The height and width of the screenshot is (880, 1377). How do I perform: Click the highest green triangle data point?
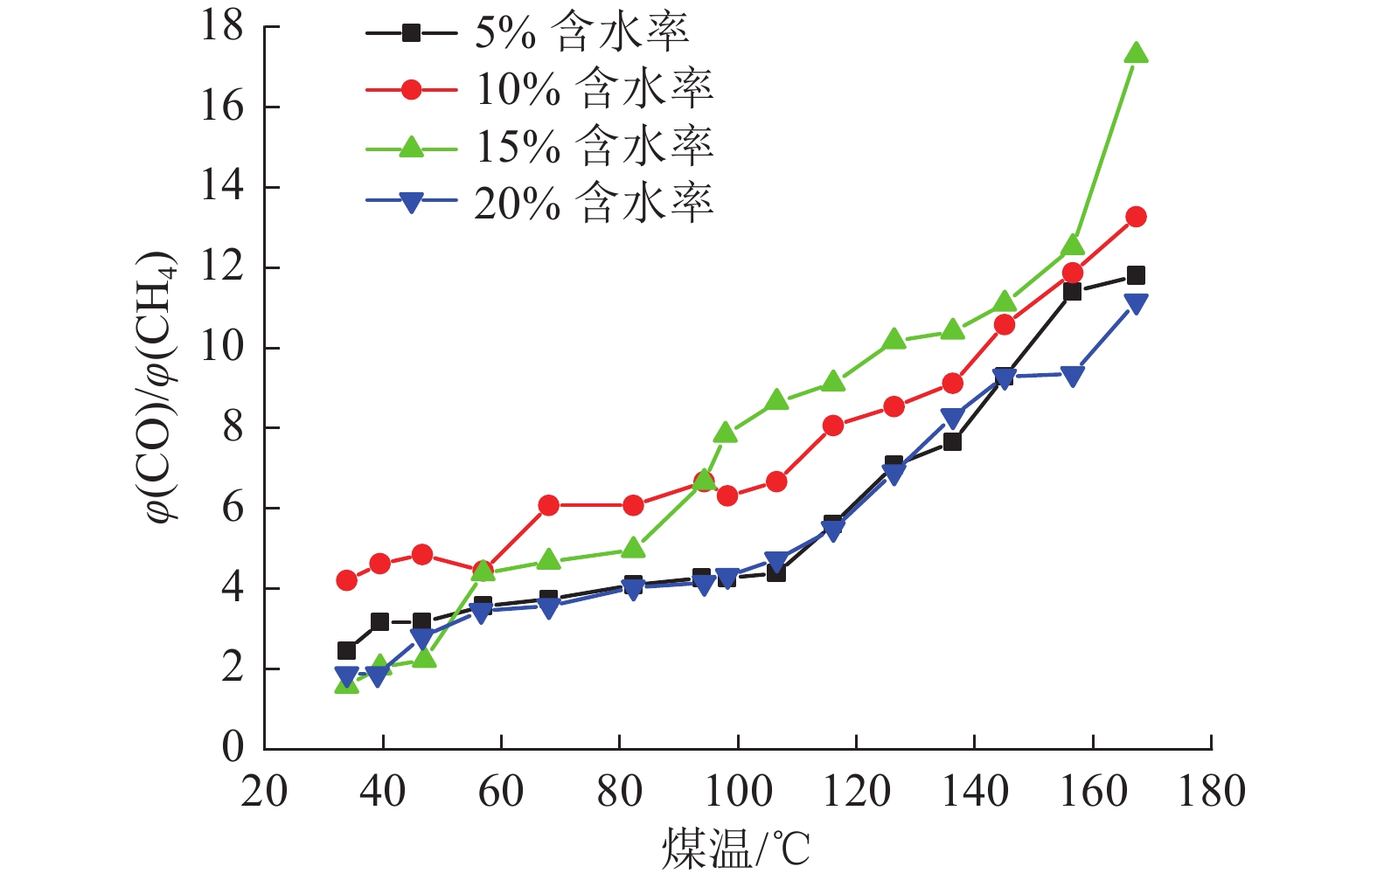1136,54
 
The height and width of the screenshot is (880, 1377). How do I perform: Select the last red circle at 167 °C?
1136,217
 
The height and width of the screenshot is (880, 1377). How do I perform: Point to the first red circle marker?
346,580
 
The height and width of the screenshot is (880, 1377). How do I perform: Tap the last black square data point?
1136,275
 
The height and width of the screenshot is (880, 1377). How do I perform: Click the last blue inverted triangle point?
1136,303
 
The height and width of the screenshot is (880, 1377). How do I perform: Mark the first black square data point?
346,650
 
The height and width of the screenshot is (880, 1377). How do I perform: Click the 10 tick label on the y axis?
222,348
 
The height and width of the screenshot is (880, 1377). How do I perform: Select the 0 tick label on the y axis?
233,748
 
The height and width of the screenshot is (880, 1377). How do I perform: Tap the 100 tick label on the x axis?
738,792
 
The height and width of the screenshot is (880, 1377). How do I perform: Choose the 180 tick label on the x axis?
1211,792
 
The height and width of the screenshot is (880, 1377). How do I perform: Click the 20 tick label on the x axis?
264,792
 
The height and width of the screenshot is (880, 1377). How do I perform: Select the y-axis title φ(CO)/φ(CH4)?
163,388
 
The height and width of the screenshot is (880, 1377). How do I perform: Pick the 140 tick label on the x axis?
975,792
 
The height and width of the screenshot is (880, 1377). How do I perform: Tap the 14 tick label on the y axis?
222,187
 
